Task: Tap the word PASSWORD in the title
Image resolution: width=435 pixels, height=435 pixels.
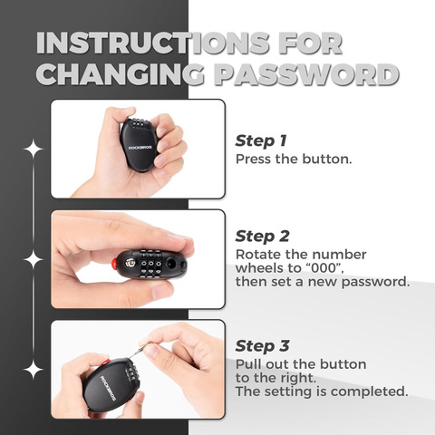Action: click(x=307, y=74)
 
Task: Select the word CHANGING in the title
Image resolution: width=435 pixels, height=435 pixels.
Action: click(x=121, y=74)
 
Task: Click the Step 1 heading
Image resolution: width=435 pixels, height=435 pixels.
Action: click(x=261, y=141)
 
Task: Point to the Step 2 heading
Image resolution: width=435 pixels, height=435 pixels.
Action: click(x=262, y=237)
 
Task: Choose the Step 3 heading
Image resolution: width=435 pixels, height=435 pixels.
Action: click(x=262, y=346)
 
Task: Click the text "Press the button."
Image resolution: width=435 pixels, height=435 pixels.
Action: click(x=294, y=159)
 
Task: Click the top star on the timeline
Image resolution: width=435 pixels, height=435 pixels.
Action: click(x=34, y=149)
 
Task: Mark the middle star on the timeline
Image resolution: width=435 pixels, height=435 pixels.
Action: click(x=34, y=259)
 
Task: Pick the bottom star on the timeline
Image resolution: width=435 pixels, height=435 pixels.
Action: click(x=34, y=370)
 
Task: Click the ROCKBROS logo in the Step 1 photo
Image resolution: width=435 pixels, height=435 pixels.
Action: click(x=140, y=148)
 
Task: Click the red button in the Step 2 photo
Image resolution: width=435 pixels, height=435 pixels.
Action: click(x=114, y=265)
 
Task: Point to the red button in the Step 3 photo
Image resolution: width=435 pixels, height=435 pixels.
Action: click(x=105, y=362)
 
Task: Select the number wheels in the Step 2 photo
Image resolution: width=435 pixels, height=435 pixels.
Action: click(x=150, y=263)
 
